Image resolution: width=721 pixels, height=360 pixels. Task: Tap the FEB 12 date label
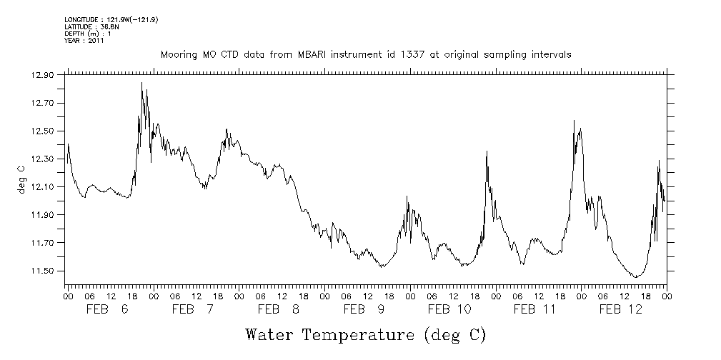click(621, 309)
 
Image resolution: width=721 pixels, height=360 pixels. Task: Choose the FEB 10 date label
click(449, 309)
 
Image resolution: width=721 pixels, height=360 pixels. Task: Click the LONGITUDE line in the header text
click(111, 19)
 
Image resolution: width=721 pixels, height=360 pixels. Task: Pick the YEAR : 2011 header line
click(84, 41)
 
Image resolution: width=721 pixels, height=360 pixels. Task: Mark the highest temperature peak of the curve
click(141, 83)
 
